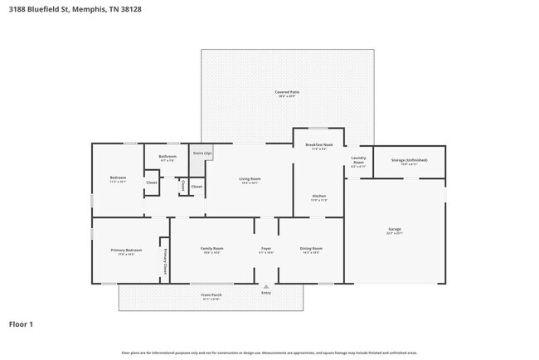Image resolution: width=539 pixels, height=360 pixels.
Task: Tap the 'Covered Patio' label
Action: (x=287, y=92)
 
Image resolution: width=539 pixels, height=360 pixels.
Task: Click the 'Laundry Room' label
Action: (x=358, y=159)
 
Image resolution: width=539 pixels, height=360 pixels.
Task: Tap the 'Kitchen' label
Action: (x=318, y=197)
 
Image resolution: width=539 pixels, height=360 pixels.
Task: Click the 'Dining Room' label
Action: (x=311, y=248)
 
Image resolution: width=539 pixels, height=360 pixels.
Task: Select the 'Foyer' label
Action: (x=266, y=248)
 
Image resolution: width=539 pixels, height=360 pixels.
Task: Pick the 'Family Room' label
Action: (x=211, y=248)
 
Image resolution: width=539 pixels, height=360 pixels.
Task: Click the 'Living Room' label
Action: (x=250, y=178)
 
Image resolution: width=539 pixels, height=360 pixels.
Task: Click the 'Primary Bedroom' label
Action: (x=126, y=250)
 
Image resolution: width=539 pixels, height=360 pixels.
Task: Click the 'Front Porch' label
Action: (x=211, y=295)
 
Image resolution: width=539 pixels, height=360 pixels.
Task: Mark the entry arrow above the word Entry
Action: (x=266, y=286)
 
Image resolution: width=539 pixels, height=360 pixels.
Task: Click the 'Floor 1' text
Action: (x=21, y=324)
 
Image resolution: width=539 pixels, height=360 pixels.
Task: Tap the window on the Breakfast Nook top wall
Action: (x=318, y=129)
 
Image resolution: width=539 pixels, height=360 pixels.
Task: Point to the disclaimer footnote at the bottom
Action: (x=269, y=352)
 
